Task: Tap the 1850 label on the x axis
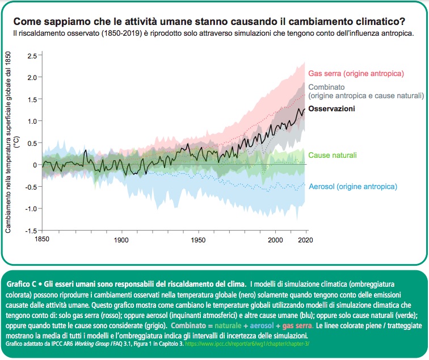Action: (41, 241)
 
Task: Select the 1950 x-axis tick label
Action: (198, 241)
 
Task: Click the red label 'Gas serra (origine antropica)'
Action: (356, 74)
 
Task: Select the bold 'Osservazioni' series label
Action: (332, 109)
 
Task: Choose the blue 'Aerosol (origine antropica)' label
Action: (352, 186)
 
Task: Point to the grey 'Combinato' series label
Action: (326, 87)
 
